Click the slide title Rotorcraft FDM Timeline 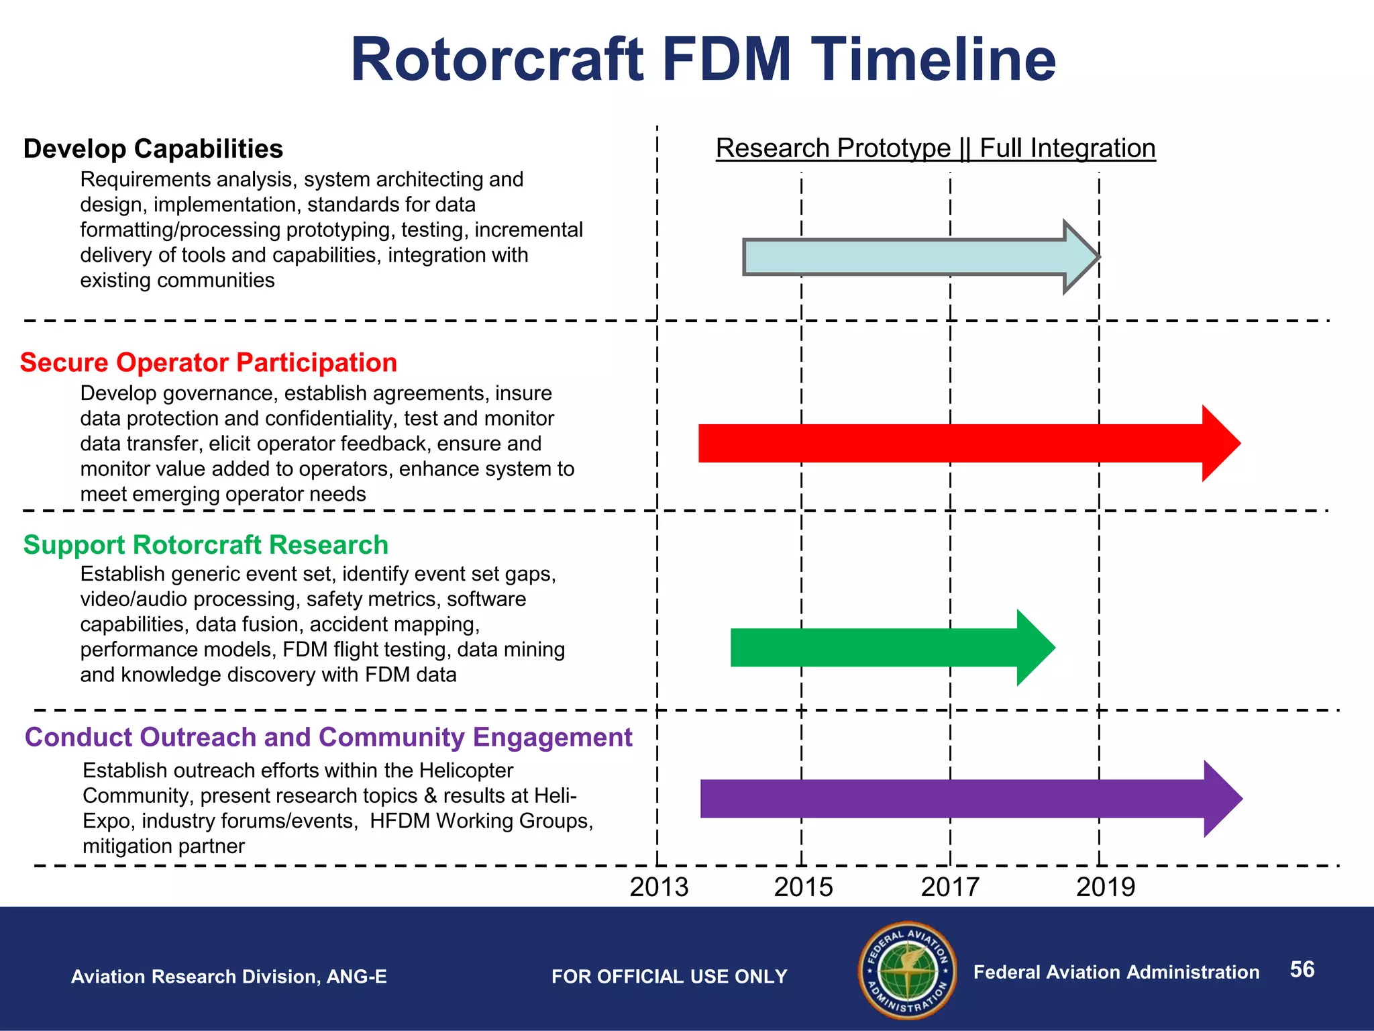[703, 60]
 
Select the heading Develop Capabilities [153, 149]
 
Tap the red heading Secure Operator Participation [209, 362]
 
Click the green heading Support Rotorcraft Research [206, 545]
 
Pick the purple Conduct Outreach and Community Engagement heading [328, 737]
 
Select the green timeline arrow [886, 648]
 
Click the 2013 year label [659, 887]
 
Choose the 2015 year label [803, 887]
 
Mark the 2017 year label [950, 887]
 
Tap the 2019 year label [1106, 887]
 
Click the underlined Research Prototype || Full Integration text [935, 148]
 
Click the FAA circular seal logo [908, 970]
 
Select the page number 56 [1302, 969]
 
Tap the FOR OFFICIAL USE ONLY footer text [669, 977]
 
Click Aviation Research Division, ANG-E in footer [229, 977]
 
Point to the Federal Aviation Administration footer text [1116, 972]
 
